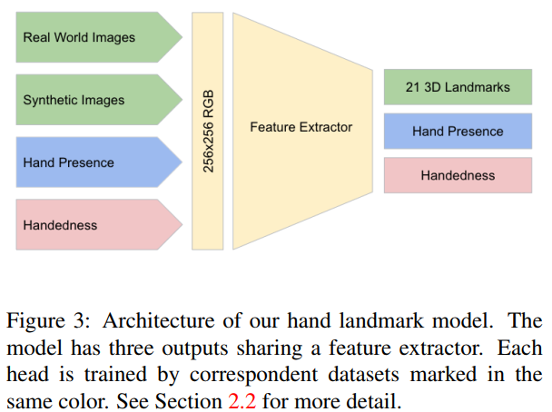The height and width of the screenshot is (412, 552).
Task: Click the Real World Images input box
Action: coord(91,38)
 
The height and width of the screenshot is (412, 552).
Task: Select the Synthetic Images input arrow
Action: coord(91,100)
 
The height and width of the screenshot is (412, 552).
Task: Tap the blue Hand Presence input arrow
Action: coord(91,162)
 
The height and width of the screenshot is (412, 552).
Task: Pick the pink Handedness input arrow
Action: coord(91,224)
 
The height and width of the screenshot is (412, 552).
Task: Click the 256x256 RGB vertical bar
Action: coord(209,132)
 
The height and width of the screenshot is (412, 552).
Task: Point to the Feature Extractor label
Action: coord(301,127)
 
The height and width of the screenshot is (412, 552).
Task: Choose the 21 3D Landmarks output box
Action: coord(458,88)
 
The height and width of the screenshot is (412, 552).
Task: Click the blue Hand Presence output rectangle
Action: coord(458,132)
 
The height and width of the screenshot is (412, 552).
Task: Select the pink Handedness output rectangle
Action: coord(458,175)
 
